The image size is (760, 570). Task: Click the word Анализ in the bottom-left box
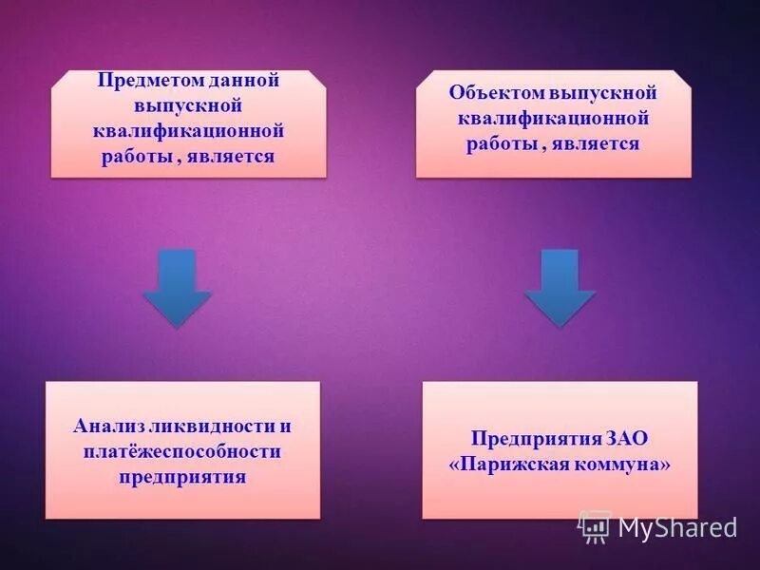(x=104, y=427)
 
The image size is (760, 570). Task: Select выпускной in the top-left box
(x=188, y=106)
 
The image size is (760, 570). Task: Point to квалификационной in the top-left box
(x=188, y=131)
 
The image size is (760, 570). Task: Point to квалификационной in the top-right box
(x=553, y=119)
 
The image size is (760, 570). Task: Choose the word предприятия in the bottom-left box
(x=183, y=476)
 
